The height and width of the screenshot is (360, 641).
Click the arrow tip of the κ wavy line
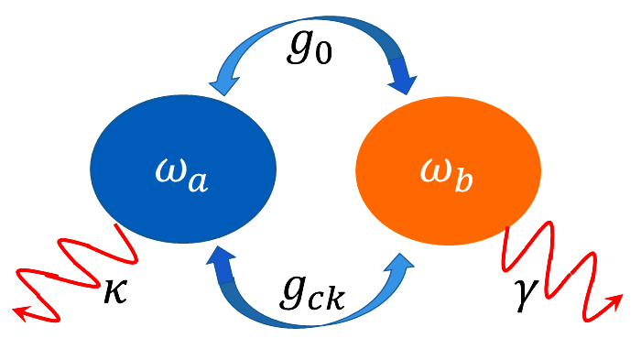click(18, 312)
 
